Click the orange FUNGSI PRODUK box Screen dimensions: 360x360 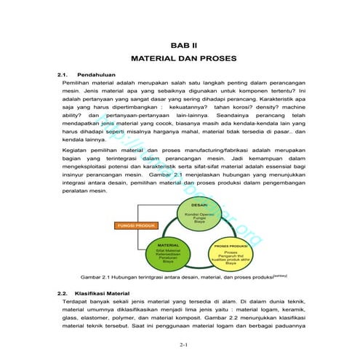134,226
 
